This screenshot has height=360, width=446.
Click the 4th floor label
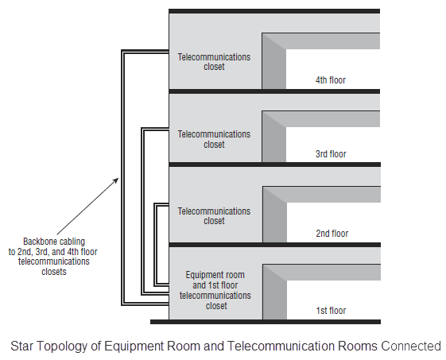pos(331,80)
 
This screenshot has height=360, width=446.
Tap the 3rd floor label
pos(331,154)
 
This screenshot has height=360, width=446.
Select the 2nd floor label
pos(332,234)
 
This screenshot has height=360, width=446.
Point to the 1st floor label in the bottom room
pos(331,310)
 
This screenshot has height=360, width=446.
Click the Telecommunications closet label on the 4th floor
pos(214,62)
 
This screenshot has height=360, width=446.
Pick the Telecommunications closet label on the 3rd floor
pos(214,139)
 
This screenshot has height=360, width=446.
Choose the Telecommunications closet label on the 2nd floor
pos(214,216)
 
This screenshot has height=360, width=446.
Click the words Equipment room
pos(215,275)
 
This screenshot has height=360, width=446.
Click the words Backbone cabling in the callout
pos(54,242)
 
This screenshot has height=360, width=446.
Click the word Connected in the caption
pos(411,346)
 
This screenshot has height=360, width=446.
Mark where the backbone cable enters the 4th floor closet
pos(169,52)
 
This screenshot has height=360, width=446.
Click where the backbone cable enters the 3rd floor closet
pos(169,130)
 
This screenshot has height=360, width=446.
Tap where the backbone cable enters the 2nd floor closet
pos(169,205)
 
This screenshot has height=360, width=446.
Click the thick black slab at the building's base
pos(266,322)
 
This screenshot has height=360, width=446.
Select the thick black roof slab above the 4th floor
pos(274,11)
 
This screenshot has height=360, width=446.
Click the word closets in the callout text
pos(54,272)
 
